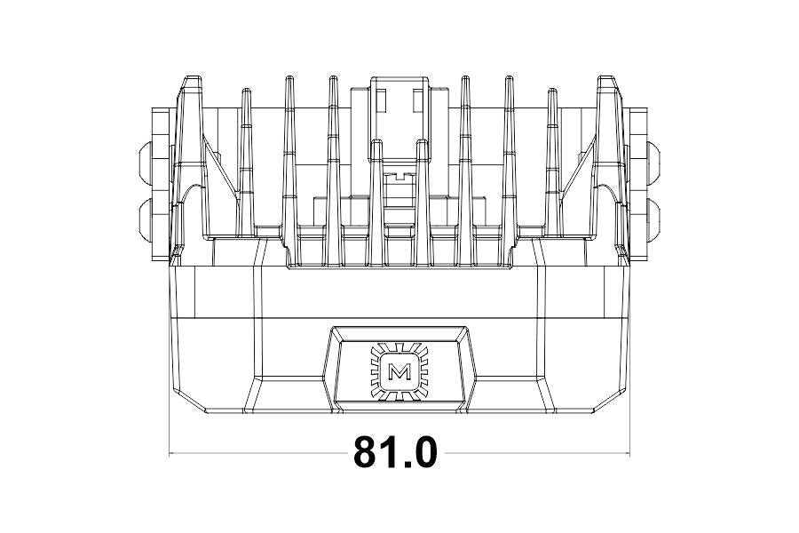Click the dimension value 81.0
pyautogui.click(x=395, y=452)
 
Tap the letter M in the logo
pyautogui.click(x=399, y=372)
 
